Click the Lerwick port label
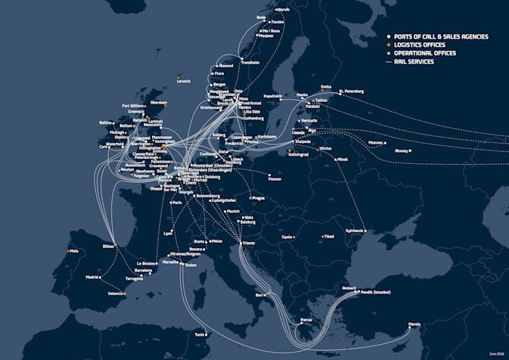point(184,81)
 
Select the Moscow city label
point(375,142)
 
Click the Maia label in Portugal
point(74,250)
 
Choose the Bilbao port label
point(108,246)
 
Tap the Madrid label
point(92,278)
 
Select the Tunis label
point(199,334)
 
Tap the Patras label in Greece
point(306,320)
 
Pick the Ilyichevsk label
point(354,230)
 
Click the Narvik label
point(284,10)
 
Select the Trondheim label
point(250,61)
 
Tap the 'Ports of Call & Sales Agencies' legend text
point(439,36)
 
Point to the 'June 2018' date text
point(495,352)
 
